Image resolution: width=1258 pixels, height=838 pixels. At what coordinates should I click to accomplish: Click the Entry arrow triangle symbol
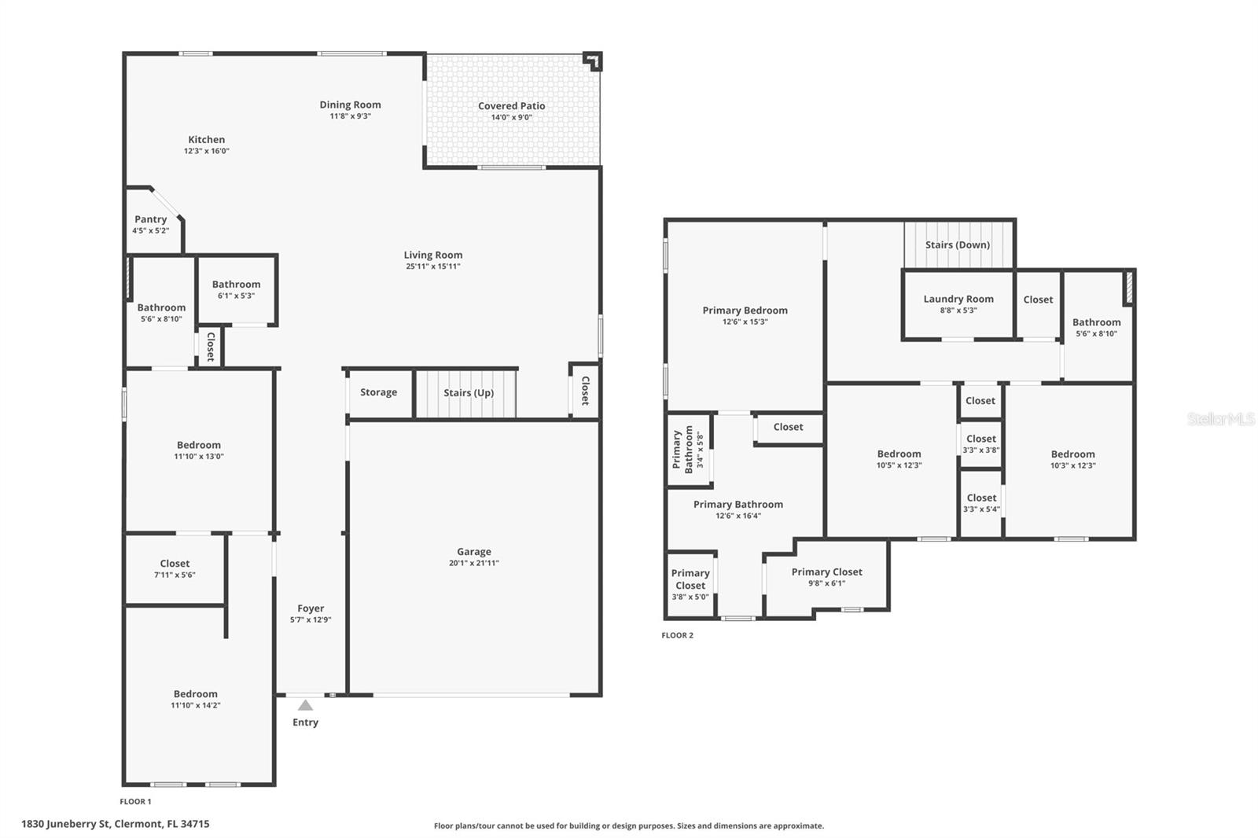[x=305, y=705]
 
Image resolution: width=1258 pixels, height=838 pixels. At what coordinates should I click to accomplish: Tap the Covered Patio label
[x=511, y=106]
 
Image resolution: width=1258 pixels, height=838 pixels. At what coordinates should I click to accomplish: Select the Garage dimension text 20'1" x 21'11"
[x=473, y=563]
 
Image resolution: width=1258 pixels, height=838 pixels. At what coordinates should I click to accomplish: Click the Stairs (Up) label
[x=468, y=393]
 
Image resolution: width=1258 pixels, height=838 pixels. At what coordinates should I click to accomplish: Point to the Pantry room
[x=151, y=223]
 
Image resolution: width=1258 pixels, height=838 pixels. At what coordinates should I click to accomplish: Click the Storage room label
[x=378, y=392]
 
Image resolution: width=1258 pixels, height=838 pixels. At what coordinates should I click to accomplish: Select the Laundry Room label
[x=958, y=299]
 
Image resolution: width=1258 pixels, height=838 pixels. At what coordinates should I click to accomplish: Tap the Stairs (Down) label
[x=957, y=244]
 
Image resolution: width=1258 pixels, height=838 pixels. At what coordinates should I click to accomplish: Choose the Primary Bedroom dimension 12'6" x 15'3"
[x=745, y=322]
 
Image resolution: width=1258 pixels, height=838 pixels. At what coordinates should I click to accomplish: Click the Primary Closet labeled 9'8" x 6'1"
[x=826, y=577]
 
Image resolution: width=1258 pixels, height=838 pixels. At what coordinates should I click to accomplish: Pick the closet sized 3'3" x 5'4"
[x=981, y=503]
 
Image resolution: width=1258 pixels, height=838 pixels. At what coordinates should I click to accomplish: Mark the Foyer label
[x=311, y=608]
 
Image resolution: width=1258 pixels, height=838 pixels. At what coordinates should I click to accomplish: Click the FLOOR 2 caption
[x=677, y=635]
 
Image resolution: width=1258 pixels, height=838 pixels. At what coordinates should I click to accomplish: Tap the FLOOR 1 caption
[x=135, y=802]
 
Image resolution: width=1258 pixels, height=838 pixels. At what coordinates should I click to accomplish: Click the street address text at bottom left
[x=115, y=824]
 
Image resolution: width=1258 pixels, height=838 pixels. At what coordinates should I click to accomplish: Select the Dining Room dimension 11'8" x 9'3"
[x=350, y=116]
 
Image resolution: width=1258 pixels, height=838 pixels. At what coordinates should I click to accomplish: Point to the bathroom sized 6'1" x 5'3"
[x=236, y=289]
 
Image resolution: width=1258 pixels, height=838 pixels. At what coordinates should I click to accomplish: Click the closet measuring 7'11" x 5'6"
[x=175, y=568]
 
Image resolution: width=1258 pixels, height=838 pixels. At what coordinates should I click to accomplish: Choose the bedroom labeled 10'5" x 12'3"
[x=899, y=459]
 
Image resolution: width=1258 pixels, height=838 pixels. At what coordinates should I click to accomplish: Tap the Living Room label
[x=432, y=255]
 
